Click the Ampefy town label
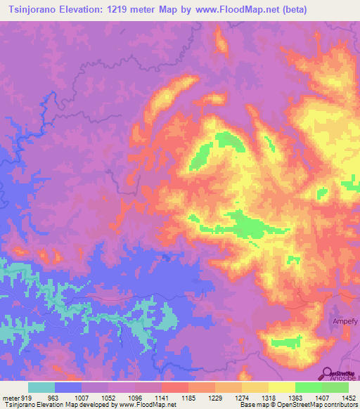[x=345, y=322]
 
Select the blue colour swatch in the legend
[x=68, y=387]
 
